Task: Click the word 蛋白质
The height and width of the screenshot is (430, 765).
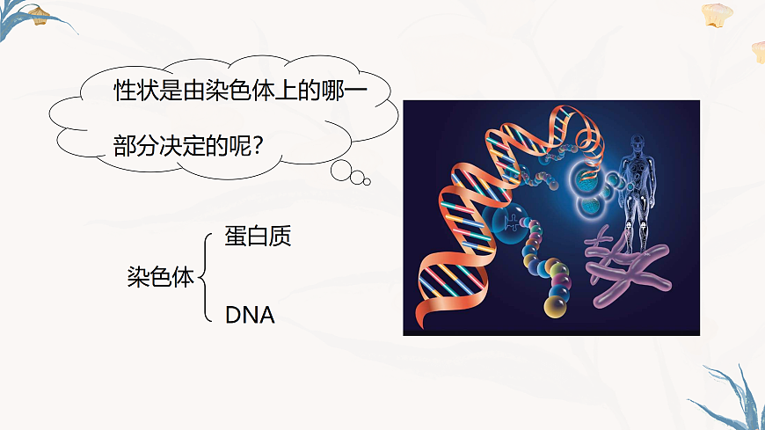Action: (257, 237)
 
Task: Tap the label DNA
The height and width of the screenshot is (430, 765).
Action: (250, 314)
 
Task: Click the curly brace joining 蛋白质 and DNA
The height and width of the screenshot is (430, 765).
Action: (205, 277)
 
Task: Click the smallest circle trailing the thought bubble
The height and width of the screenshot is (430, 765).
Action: (367, 182)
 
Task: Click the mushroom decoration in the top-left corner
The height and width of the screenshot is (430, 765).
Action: (38, 15)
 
